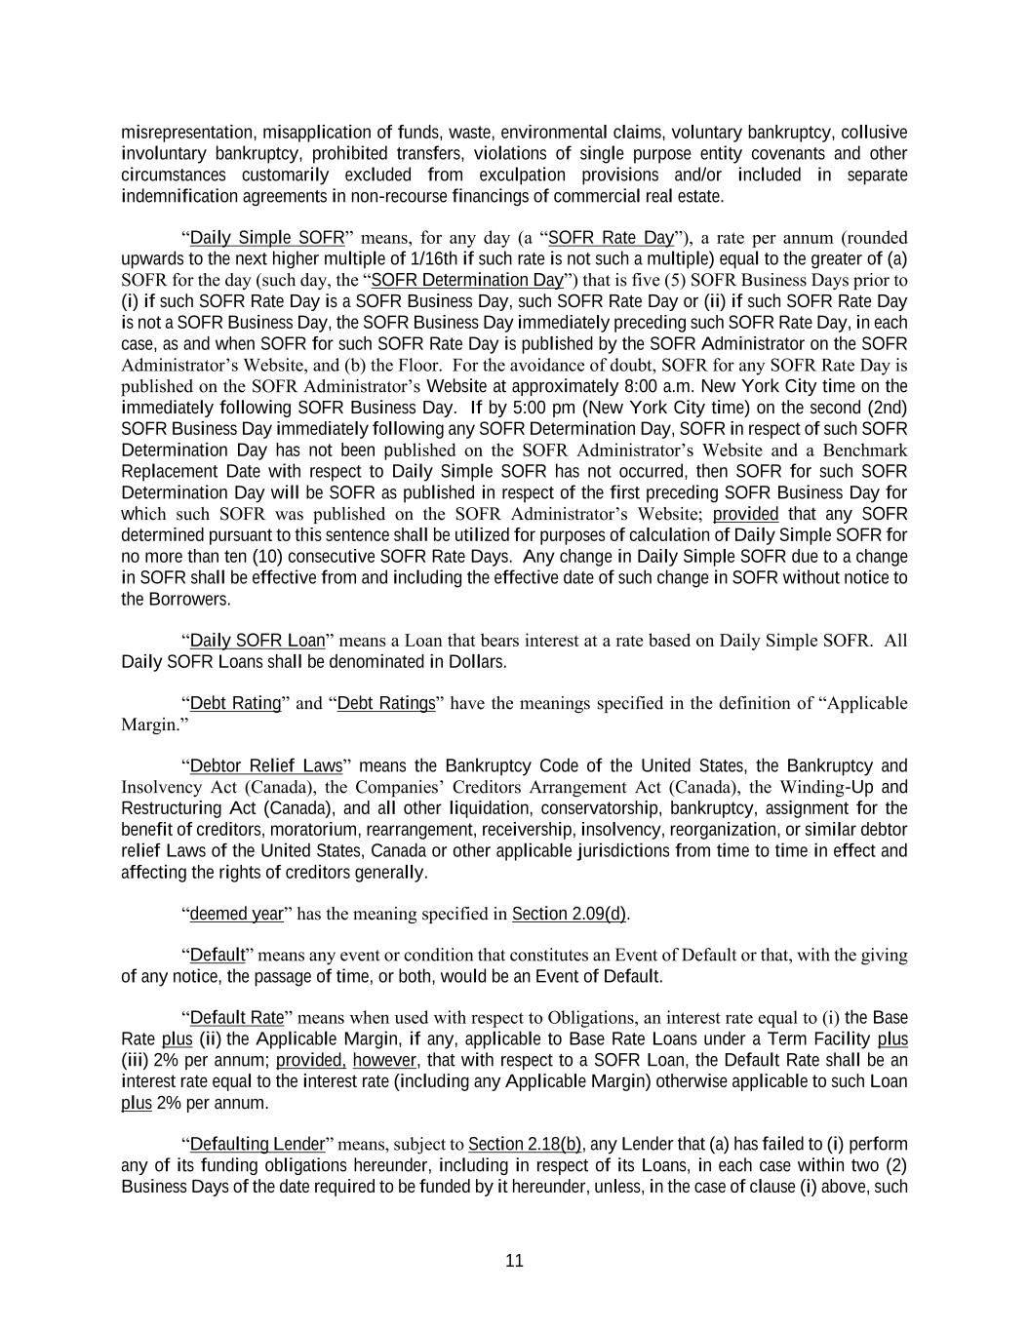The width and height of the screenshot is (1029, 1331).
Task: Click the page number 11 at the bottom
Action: [514, 1260]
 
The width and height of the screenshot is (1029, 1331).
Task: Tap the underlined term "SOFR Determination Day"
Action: [468, 281]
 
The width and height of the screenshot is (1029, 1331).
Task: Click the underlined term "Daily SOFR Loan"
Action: [257, 641]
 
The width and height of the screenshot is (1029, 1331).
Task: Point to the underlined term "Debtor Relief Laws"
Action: [264, 765]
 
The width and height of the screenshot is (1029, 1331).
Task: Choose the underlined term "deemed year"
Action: [236, 914]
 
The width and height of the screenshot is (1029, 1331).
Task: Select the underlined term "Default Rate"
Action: [236, 1018]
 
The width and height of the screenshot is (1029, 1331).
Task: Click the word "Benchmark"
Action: [865, 450]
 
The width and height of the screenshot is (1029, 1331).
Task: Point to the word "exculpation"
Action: [522, 176]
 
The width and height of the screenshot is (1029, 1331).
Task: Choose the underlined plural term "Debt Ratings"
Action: [386, 703]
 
